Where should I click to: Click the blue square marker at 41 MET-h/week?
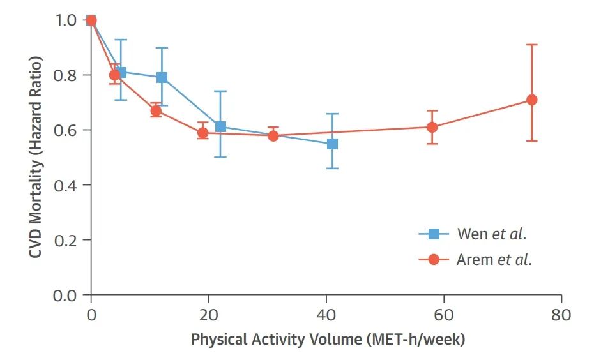click(332, 144)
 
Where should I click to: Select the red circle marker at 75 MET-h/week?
click(531, 100)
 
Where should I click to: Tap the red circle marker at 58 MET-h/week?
click(432, 127)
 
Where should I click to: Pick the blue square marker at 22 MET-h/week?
click(220, 126)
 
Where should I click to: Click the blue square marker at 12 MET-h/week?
click(162, 77)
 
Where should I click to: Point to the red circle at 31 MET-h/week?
click(273, 135)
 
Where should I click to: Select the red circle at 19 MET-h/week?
click(203, 133)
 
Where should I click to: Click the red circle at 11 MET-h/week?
click(156, 111)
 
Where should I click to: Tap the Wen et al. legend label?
click(492, 234)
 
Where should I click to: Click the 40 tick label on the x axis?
click(326, 315)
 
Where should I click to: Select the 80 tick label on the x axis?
click(561, 315)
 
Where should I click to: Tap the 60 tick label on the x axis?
click(444, 315)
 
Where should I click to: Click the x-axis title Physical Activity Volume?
click(328, 339)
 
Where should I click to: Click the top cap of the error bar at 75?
click(531, 45)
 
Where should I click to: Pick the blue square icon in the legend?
click(434, 234)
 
